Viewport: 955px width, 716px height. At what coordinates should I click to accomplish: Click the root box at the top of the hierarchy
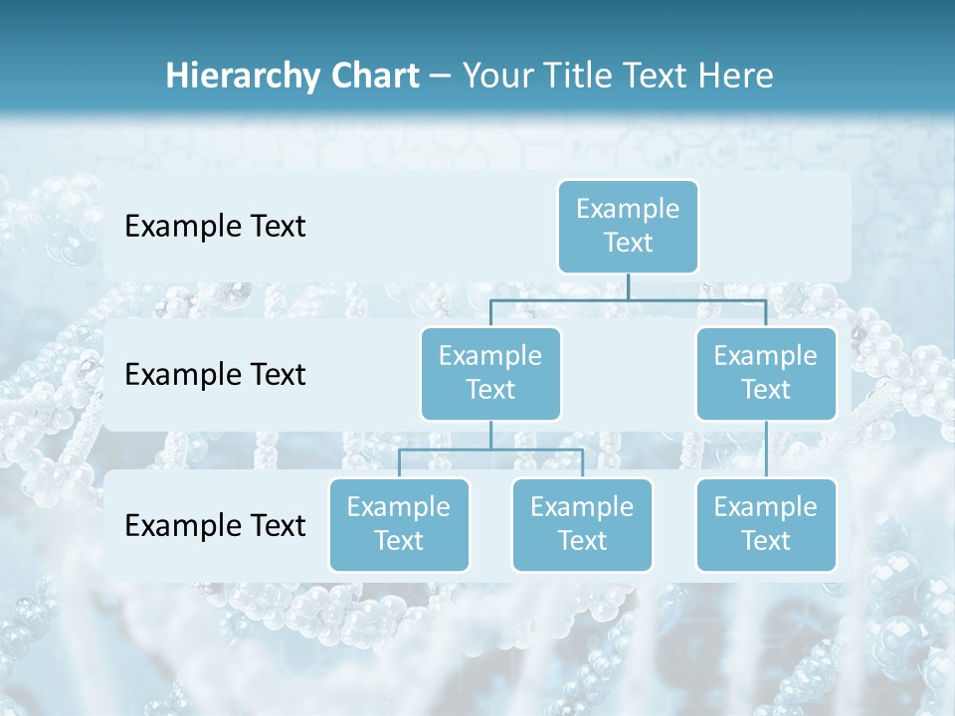(x=628, y=227)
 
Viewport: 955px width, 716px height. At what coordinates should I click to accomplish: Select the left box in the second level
(x=490, y=374)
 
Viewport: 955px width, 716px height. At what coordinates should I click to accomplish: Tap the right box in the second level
(x=766, y=374)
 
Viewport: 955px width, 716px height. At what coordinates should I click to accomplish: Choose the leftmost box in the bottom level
(x=399, y=525)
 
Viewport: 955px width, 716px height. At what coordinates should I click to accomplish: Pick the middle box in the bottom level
(x=582, y=525)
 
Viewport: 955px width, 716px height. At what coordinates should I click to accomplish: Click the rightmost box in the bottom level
(x=766, y=525)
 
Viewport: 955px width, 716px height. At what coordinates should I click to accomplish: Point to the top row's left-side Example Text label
(x=215, y=227)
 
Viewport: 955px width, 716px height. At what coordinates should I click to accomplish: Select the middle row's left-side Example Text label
(x=215, y=375)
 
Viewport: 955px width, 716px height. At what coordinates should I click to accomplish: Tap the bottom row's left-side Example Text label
(x=215, y=525)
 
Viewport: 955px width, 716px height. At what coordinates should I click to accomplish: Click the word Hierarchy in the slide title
(x=245, y=77)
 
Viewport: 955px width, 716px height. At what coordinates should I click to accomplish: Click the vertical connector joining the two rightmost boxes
(x=766, y=449)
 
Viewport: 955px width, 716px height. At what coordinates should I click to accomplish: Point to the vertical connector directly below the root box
(x=628, y=286)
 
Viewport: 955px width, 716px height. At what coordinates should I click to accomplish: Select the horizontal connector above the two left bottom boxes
(x=490, y=449)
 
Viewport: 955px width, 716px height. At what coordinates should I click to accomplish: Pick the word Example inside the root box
(x=628, y=209)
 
